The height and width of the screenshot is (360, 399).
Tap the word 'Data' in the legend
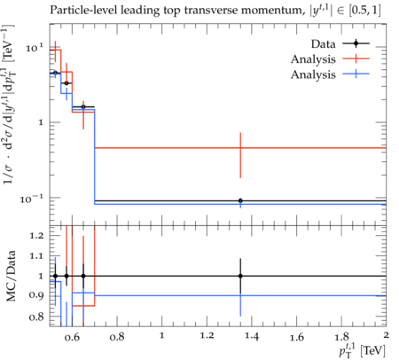point(323,44)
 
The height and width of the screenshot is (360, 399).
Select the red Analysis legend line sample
point(356,59)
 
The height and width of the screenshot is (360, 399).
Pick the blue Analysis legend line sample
point(356,74)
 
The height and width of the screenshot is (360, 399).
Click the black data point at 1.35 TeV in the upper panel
point(240,201)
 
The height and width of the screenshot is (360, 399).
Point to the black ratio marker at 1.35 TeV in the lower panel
point(240,276)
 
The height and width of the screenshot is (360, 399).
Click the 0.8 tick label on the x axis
point(117,337)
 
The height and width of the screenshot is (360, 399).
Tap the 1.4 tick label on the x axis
point(252,337)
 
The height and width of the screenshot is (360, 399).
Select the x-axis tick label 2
point(386,335)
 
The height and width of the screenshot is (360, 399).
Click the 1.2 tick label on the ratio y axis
point(36,236)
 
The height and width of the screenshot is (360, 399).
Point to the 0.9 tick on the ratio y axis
point(36,295)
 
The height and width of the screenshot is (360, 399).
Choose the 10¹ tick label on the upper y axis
point(35,48)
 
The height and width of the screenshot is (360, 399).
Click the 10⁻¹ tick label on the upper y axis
point(32,199)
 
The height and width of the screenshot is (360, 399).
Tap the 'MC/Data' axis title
point(11,276)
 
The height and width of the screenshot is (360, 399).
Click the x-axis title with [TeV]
point(362,350)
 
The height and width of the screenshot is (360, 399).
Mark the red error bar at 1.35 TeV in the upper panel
point(240,155)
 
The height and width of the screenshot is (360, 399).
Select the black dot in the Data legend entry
point(356,43)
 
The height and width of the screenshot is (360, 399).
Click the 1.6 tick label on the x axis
point(297,337)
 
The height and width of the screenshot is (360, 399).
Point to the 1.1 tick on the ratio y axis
point(36,256)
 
